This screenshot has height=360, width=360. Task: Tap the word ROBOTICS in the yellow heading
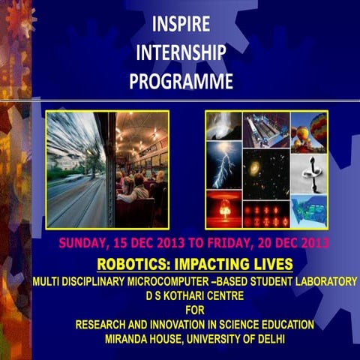130,264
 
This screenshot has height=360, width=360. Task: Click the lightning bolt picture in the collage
224,164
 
